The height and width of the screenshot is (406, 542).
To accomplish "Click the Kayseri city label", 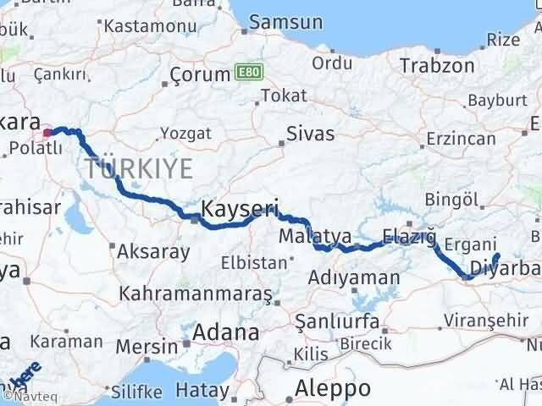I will pyautogui.click(x=240, y=207).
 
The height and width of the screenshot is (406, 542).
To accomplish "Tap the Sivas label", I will pyautogui.click(x=311, y=134).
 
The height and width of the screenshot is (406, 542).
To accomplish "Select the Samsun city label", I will pyautogui.click(x=280, y=25).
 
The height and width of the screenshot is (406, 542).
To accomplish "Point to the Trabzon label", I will pyautogui.click(x=437, y=65).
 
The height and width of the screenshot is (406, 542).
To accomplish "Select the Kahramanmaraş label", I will pyautogui.click(x=196, y=294).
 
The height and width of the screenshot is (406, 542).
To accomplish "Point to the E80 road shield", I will pyautogui.click(x=246, y=74).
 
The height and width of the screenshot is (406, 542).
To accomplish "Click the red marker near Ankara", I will pyautogui.click(x=47, y=132).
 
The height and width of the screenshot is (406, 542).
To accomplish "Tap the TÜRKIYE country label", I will pyautogui.click(x=138, y=168).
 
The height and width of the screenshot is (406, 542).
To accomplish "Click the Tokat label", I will pyautogui.click(x=284, y=96).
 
